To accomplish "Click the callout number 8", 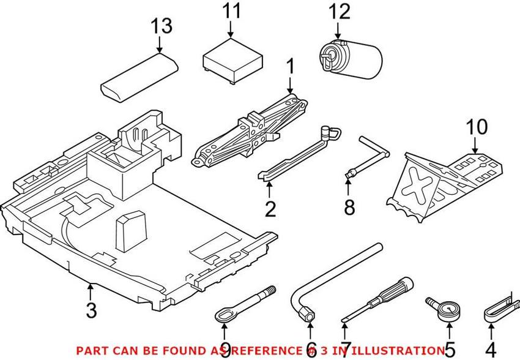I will [349, 208].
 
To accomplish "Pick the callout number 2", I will [270, 208].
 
